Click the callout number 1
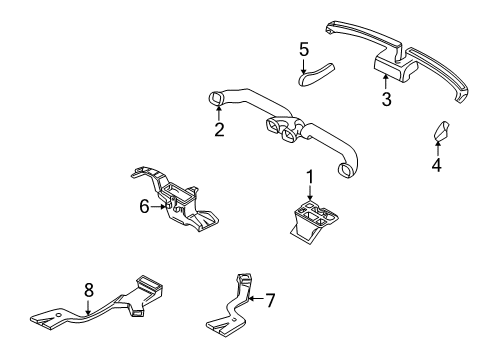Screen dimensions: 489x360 tap(310, 177)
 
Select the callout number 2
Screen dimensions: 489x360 tap(219, 130)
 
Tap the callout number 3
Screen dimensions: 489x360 tap(386, 99)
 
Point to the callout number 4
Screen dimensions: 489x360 tap(437, 165)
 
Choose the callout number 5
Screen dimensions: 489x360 tap(304, 50)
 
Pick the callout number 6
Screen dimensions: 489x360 tap(144, 207)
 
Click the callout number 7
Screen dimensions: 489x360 tap(270, 300)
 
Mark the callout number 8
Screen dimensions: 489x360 tap(89, 290)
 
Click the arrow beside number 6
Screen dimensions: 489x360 tap(158, 207)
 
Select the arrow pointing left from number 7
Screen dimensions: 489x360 tap(255, 298)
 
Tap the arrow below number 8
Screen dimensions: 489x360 tap(88, 307)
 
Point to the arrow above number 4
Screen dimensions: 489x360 tap(438, 148)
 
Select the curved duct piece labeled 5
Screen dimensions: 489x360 tap(316, 74)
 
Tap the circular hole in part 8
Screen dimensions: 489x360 tap(58, 315)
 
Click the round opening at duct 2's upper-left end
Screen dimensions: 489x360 tap(214, 98)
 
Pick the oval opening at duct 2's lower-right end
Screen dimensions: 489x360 tap(344, 170)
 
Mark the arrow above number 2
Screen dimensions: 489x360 tap(219, 113)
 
